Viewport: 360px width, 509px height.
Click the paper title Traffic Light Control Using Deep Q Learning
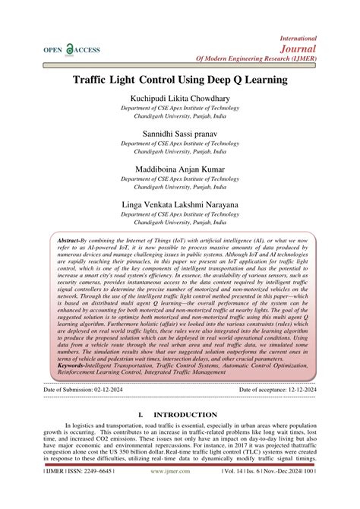click(x=180, y=80)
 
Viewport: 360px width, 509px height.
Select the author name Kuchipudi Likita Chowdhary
click(x=180, y=100)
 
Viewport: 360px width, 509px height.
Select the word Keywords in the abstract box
click(x=73, y=365)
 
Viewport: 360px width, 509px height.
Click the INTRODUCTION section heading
click(x=185, y=415)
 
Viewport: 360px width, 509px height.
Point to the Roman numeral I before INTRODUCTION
click(x=141, y=415)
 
